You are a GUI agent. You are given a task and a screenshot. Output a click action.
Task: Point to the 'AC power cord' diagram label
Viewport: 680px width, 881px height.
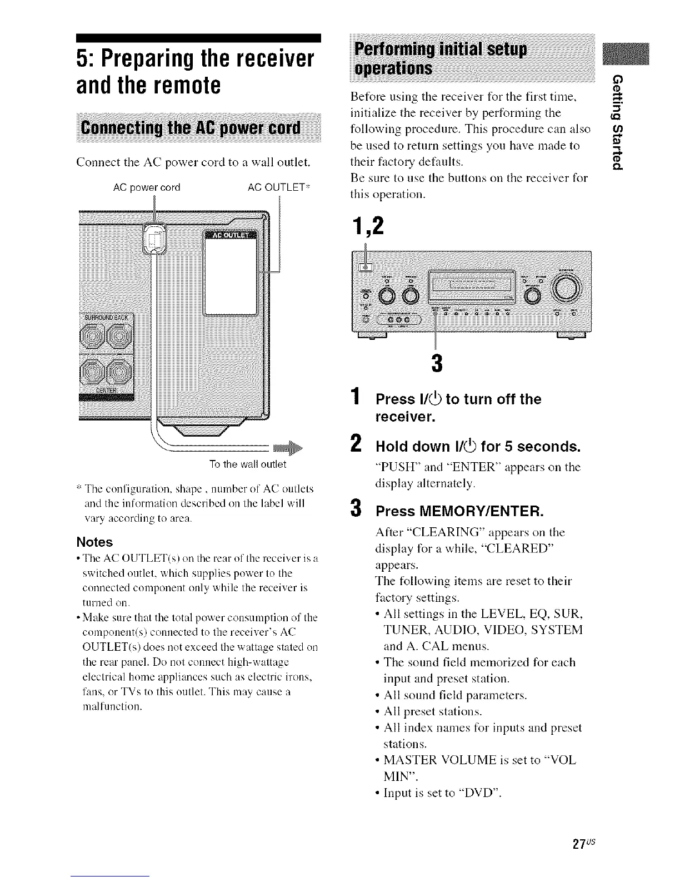(147, 187)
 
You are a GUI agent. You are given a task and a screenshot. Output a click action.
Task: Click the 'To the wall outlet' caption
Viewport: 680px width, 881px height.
(247, 464)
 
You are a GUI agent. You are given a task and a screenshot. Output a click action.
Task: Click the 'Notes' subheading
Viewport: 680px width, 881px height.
(94, 542)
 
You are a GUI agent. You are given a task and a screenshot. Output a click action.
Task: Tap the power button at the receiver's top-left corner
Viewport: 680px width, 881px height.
(366, 267)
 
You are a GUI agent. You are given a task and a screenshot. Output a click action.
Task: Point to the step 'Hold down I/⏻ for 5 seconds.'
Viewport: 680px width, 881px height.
(478, 447)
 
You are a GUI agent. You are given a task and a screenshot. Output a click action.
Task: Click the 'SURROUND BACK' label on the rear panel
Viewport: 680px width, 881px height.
(106, 317)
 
